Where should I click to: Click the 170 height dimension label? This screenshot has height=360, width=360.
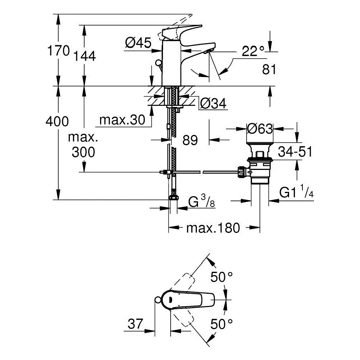(58, 50)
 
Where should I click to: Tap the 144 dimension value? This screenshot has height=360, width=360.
(84, 56)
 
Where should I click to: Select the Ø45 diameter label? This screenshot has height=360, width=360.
(138, 43)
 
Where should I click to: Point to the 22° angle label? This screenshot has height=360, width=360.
(253, 51)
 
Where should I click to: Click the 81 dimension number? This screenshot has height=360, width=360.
(269, 69)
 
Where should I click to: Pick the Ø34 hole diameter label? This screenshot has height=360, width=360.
(213, 103)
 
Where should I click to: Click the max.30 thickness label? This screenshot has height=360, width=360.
(122, 120)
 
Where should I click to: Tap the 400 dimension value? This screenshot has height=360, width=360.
(57, 121)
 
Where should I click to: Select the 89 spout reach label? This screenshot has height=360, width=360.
(190, 140)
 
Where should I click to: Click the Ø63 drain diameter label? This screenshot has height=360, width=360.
(260, 129)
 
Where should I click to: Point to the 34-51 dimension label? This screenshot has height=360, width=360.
(295, 152)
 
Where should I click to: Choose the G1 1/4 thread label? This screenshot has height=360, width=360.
(296, 192)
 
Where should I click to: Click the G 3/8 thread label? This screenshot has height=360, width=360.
(202, 201)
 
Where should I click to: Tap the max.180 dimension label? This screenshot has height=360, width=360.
(213, 228)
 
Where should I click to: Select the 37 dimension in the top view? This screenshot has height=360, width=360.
(135, 324)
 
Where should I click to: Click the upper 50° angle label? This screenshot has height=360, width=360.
(221, 277)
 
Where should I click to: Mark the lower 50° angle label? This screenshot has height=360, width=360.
(221, 324)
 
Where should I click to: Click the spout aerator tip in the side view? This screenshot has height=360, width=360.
(208, 52)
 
